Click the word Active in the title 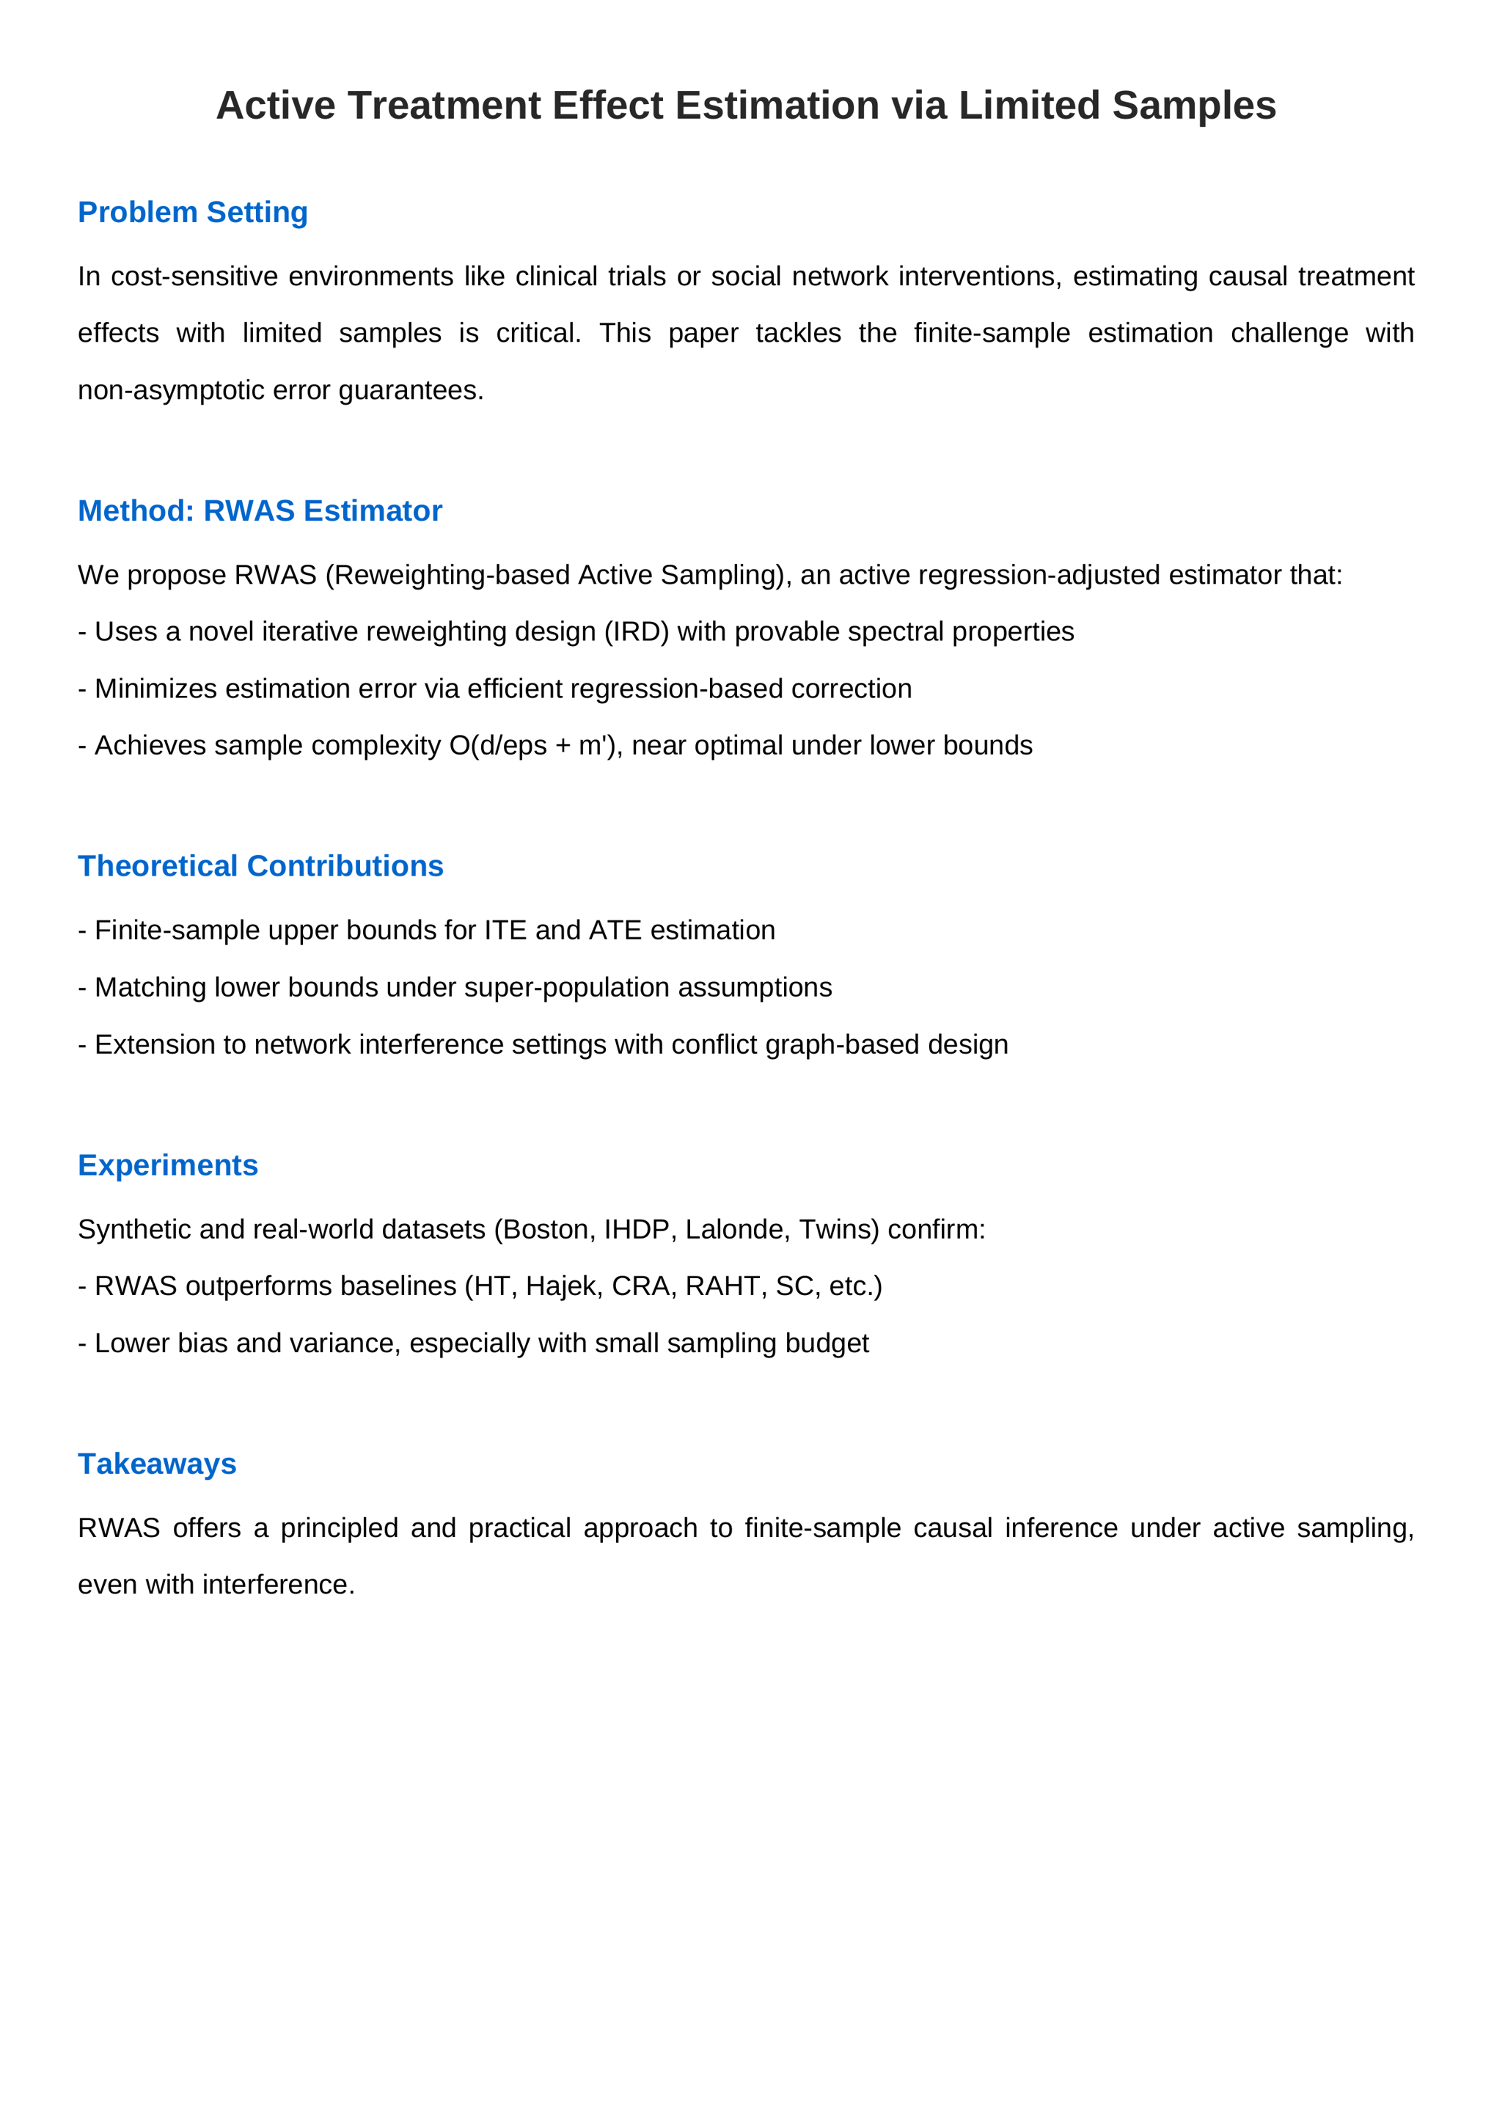pyautogui.click(x=275, y=106)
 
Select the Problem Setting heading pyautogui.click(x=192, y=213)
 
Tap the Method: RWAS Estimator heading pyautogui.click(x=260, y=510)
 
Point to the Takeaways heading pyautogui.click(x=156, y=1464)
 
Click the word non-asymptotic pyautogui.click(x=170, y=390)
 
